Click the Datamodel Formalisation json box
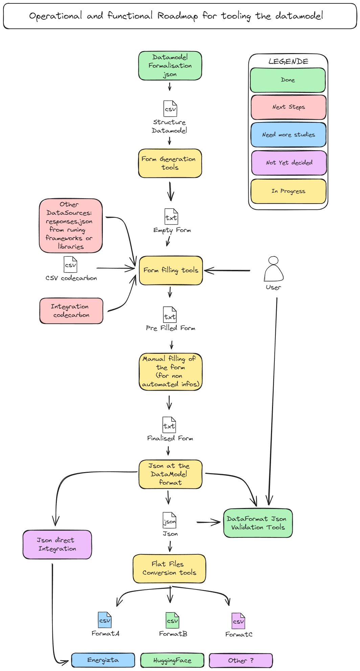170,66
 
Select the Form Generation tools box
170,163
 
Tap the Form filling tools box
171,270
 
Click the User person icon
273,269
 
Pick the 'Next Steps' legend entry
288,107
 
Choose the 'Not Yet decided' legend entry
289,163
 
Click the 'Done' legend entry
288,80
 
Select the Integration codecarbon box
71,311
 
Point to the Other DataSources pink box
70,226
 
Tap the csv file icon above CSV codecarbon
70,264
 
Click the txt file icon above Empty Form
171,217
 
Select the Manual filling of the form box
171,372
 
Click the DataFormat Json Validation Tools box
258,523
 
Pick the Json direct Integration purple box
57,545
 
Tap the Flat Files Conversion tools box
169,569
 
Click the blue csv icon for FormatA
105,620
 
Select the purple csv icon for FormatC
238,621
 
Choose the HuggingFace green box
172,660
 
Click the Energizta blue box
103,660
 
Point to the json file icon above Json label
170,520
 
